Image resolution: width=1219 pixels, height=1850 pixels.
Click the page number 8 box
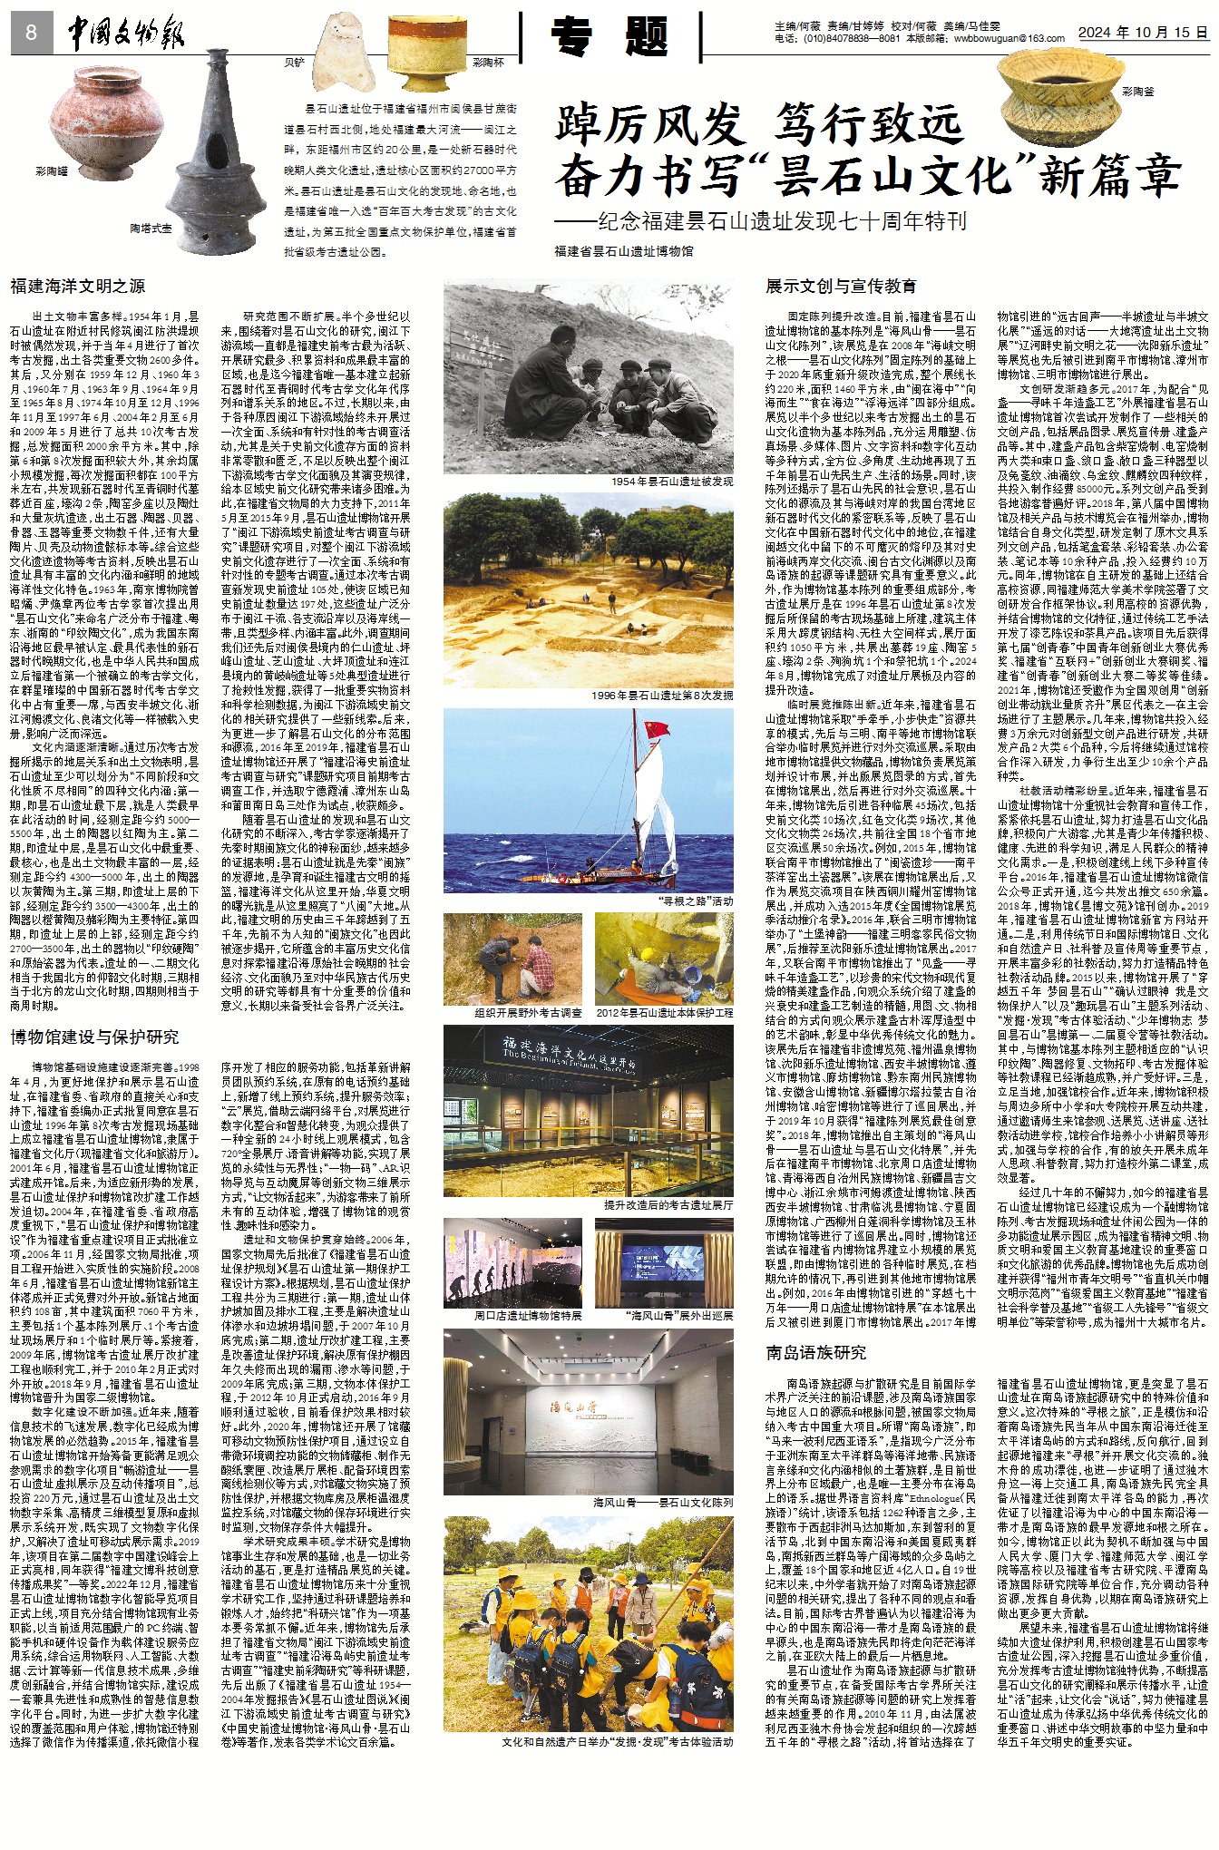[x=32, y=34]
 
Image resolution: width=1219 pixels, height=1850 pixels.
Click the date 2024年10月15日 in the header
[x=1143, y=32]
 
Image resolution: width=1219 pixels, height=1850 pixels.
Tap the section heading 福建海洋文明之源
[x=77, y=286]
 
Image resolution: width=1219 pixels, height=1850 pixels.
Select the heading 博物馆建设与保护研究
[x=94, y=1037]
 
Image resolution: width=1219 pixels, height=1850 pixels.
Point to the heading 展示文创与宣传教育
[x=841, y=286]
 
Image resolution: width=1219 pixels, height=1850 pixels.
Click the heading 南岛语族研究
[x=816, y=1352]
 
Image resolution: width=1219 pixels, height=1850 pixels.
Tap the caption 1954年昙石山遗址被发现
[x=671, y=482]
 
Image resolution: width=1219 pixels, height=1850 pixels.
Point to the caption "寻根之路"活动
[x=696, y=901]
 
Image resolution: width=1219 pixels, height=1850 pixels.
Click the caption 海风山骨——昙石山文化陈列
[x=662, y=1503]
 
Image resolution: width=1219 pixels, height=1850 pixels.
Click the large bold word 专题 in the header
[x=610, y=36]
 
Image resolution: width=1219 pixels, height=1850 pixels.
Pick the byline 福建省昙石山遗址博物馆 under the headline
[x=624, y=251]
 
